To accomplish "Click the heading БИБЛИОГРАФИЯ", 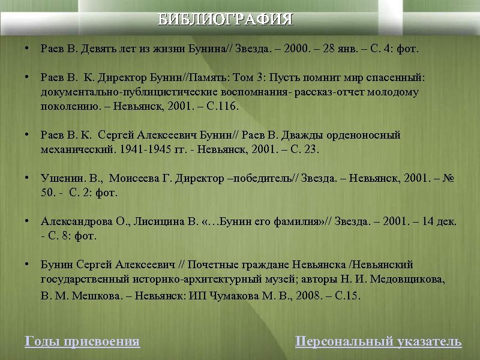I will pyautogui.click(x=225, y=20).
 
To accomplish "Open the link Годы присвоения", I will pyautogui.click(x=82, y=342).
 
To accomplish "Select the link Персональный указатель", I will pyautogui.click(x=378, y=342).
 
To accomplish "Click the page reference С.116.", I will pyautogui.click(x=223, y=107).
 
